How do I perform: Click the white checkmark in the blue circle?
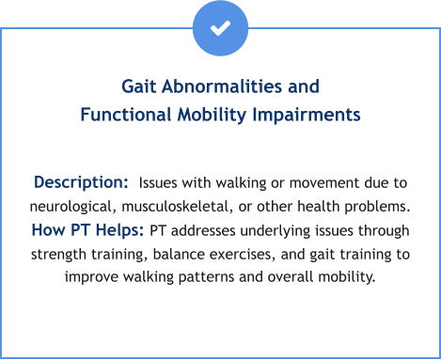pyautogui.click(x=220, y=28)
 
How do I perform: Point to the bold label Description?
pyautogui.click(x=81, y=181)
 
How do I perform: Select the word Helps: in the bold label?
pyautogui.click(x=118, y=230)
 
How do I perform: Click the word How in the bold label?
pyautogui.click(x=48, y=230)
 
